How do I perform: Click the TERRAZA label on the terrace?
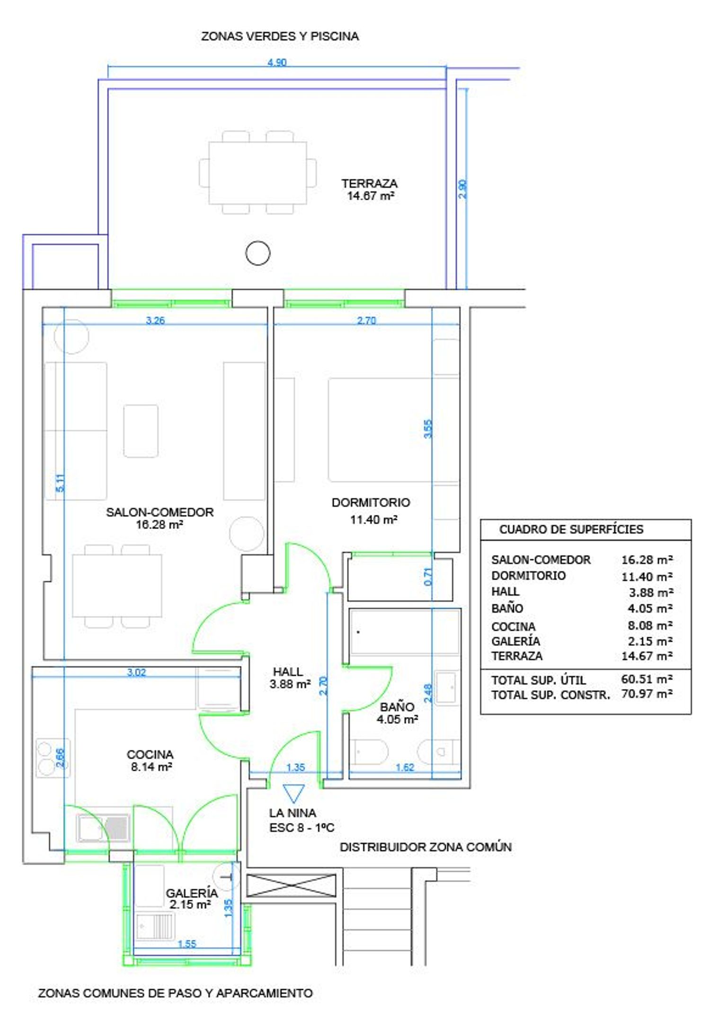point(369,183)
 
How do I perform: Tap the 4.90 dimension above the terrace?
point(277,62)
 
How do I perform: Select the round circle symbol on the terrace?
point(258,253)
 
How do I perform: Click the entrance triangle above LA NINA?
point(293,794)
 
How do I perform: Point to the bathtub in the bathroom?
point(405,632)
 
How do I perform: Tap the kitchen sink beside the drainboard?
point(90,828)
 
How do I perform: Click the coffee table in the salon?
point(141,431)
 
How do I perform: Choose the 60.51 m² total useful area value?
point(647,679)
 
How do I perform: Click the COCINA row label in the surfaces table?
point(513,627)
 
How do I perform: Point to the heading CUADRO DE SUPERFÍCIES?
point(571,529)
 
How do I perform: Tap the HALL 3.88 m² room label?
point(290,678)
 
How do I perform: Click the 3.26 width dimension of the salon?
point(155,320)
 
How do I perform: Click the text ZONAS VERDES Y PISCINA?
point(280,36)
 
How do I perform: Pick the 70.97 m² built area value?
point(647,694)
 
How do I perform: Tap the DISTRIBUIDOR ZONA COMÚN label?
point(426,847)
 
